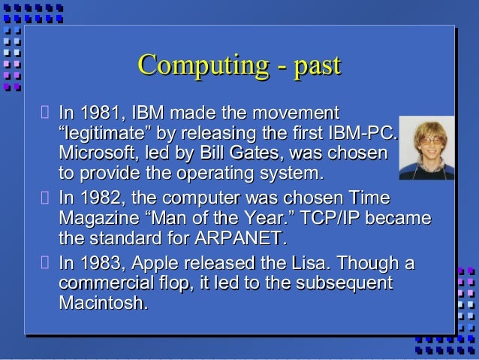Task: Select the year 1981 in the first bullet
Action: pos(101,115)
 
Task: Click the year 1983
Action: pos(101,265)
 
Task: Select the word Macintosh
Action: pos(102,304)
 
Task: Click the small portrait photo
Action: pos(426,147)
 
